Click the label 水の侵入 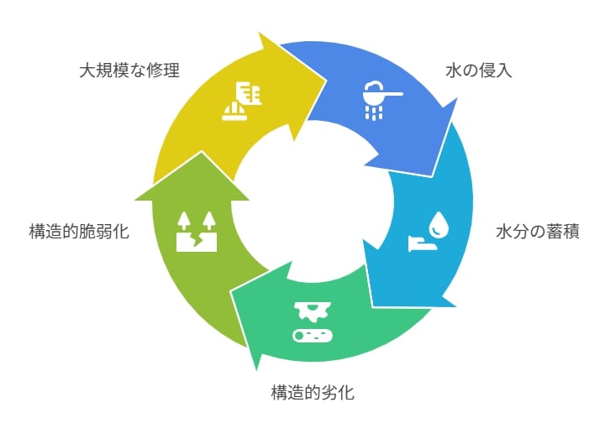point(478,70)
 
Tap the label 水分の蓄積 point(538,232)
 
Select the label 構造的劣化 point(313,393)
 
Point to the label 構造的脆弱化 point(79,232)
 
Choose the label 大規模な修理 point(129,70)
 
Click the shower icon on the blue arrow point(380,100)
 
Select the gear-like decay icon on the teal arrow point(313,311)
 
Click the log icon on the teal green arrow point(313,336)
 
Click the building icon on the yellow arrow point(250,93)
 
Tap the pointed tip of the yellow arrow point(326,81)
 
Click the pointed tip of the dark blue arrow point(432,175)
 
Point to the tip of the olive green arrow point(201,151)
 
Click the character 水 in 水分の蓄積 point(504,232)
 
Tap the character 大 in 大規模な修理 point(87,70)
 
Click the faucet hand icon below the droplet point(423,243)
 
